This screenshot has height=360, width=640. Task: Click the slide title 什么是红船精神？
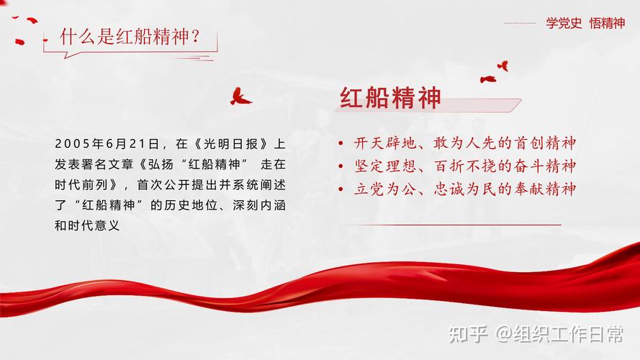coord(130,37)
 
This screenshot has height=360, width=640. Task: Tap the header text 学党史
coord(562,23)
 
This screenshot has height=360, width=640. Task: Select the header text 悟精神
coord(607,23)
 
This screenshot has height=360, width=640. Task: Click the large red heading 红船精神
coord(390,99)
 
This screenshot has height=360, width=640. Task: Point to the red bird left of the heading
coord(240,96)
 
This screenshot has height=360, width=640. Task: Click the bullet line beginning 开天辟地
coord(465,143)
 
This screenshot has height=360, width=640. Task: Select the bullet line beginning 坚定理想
coord(465,166)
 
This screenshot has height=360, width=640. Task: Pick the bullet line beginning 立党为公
coord(465,189)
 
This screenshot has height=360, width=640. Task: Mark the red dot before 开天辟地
coord(341,144)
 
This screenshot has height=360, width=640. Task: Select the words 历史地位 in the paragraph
coord(192,205)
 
